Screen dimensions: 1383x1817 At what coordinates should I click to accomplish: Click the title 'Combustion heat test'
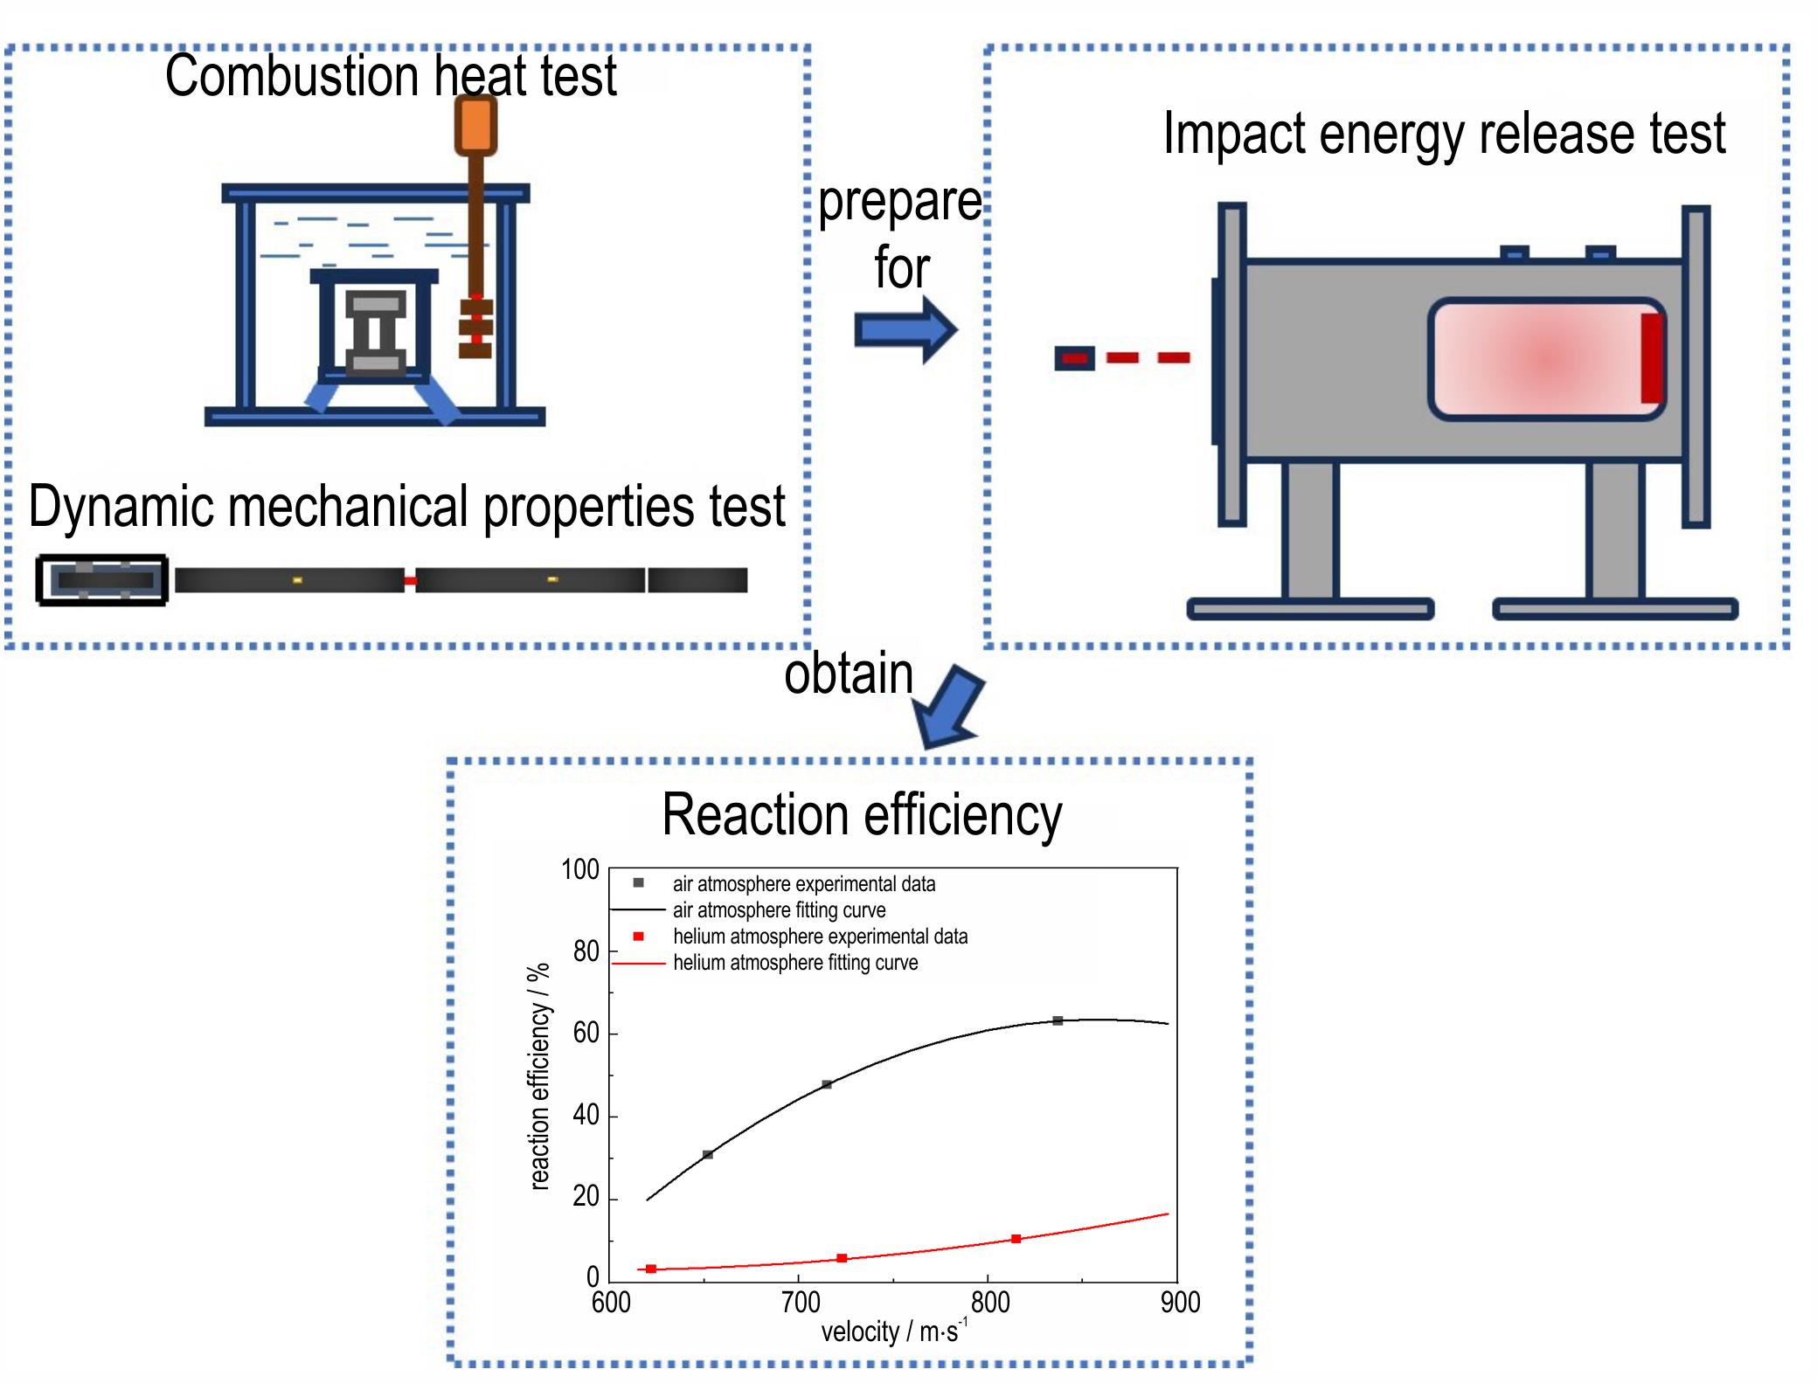coord(391,75)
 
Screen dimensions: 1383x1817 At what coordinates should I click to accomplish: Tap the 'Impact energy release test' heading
coord(1444,134)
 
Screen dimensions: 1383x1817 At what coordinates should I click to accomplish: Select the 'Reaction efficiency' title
coord(862,814)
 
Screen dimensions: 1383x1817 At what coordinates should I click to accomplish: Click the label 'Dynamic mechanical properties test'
coord(406,507)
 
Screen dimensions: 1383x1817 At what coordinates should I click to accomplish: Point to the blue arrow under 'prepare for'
coord(905,330)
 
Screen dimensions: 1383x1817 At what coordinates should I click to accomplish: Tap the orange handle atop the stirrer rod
coord(475,125)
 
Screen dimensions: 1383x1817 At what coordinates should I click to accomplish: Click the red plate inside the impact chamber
coord(1651,357)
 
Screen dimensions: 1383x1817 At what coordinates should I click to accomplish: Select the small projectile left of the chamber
coord(1074,358)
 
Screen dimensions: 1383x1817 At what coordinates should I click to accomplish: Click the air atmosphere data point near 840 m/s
coord(1058,1020)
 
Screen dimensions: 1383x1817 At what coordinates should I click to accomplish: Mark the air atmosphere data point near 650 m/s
coord(708,1155)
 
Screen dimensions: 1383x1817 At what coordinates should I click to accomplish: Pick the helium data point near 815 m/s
coord(1016,1239)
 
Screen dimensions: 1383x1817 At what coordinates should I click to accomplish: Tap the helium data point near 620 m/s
coord(651,1269)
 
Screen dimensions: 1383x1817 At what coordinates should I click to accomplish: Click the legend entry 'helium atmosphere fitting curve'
coord(795,963)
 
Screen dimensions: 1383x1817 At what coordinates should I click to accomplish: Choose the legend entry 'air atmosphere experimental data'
coord(803,884)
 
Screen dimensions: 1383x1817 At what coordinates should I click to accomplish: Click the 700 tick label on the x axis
coord(801,1303)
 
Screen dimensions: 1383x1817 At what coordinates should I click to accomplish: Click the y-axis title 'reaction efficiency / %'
coord(540,1076)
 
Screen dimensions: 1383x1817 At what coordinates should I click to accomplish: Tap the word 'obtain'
coord(848,674)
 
